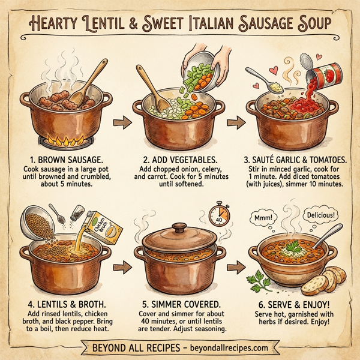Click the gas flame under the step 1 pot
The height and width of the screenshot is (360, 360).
point(59,143)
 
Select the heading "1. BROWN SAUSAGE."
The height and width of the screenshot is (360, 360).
point(59,161)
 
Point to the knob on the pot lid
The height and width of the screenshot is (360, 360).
point(179,228)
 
